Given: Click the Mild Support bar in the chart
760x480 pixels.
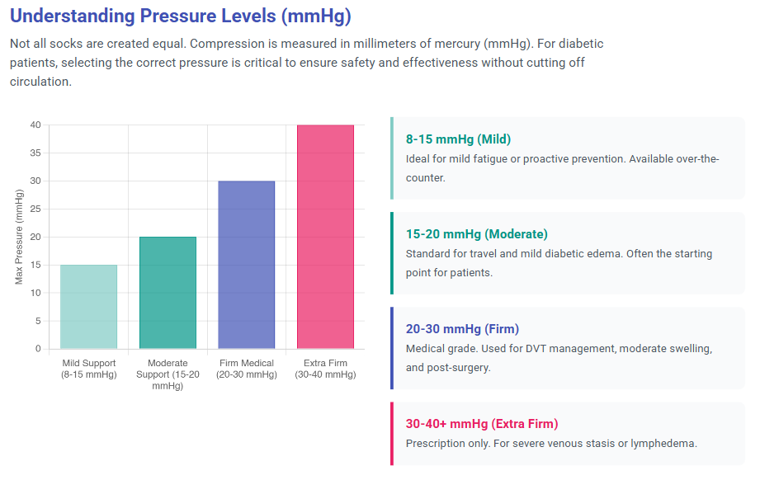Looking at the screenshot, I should tap(88, 307).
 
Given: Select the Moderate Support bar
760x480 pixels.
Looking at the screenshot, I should tap(168, 293).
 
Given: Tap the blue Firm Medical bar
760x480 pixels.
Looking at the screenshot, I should tap(246, 265).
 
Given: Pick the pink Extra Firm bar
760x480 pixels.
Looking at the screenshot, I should tap(325, 237).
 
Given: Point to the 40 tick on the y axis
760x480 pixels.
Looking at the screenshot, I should tap(35, 125).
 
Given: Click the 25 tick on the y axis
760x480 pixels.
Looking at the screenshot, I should tap(35, 209).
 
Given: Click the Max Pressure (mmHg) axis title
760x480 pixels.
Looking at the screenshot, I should tap(19, 237).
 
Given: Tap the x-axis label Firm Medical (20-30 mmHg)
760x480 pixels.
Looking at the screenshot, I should tap(246, 369).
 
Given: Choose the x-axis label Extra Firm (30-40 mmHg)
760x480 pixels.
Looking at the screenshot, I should tap(325, 369).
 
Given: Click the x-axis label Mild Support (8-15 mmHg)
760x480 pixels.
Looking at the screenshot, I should tap(88, 369).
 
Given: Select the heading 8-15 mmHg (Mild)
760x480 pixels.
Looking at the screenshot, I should tap(458, 139).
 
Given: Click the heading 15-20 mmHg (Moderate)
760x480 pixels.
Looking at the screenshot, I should tap(476, 234).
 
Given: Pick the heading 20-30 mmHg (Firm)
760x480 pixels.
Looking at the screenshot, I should tap(462, 329).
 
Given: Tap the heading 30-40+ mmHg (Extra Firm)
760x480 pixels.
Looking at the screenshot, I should tap(482, 424).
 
